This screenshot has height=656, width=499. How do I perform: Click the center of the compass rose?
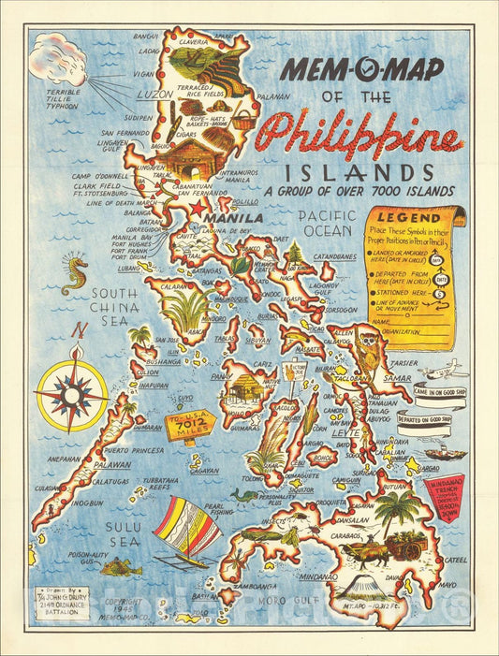pos(73,395)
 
